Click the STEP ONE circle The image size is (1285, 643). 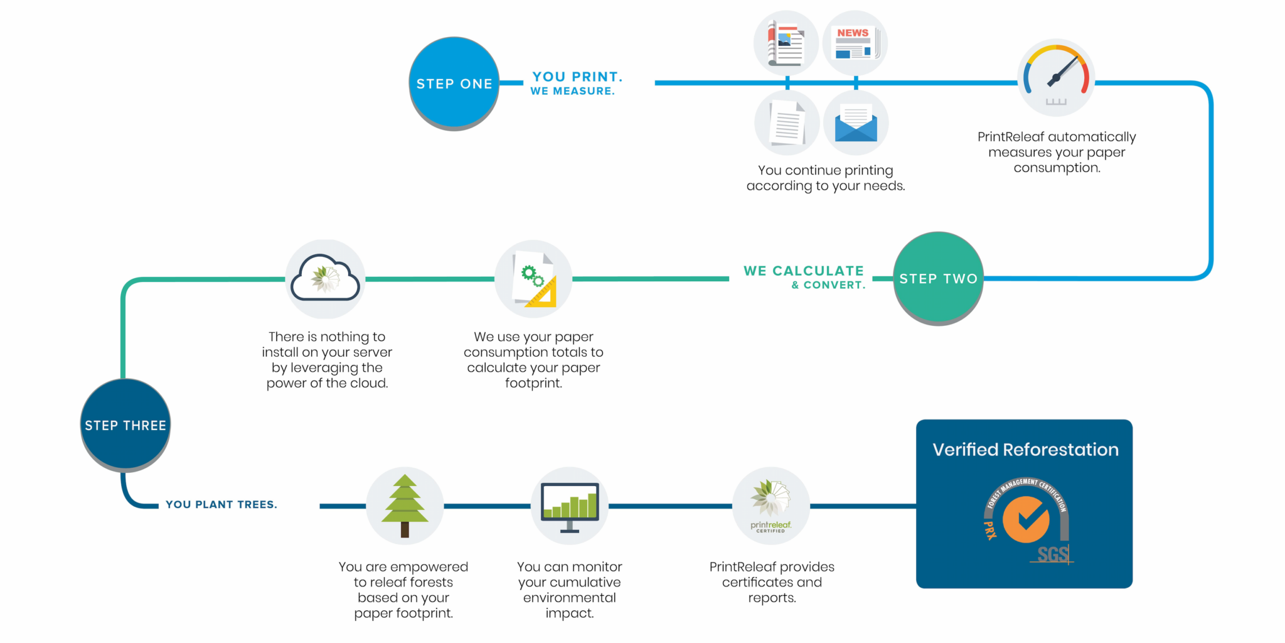pos(454,83)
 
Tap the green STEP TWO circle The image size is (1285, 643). pos(938,278)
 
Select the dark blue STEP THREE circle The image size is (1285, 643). pos(125,425)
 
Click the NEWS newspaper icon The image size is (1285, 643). pos(855,43)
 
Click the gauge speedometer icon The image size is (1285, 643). pos(1056,77)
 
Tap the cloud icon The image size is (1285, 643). pos(325,278)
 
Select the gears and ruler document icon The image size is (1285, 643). pos(534,279)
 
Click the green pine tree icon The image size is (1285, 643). pos(405,505)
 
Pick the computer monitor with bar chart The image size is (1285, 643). pos(570,505)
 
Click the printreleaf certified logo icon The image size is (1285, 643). pos(771,505)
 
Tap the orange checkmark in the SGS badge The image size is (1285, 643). pos(1026,519)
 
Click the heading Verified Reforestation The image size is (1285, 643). pos(1025,450)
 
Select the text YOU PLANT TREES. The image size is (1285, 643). pos(221,504)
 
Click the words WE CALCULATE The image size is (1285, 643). pos(803,271)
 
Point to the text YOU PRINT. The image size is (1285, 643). pos(577,77)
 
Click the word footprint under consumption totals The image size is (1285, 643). pos(533,383)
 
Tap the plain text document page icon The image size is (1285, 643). pos(787,123)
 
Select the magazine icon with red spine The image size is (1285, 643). pos(786,43)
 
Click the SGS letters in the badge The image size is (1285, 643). pos(1052,554)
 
